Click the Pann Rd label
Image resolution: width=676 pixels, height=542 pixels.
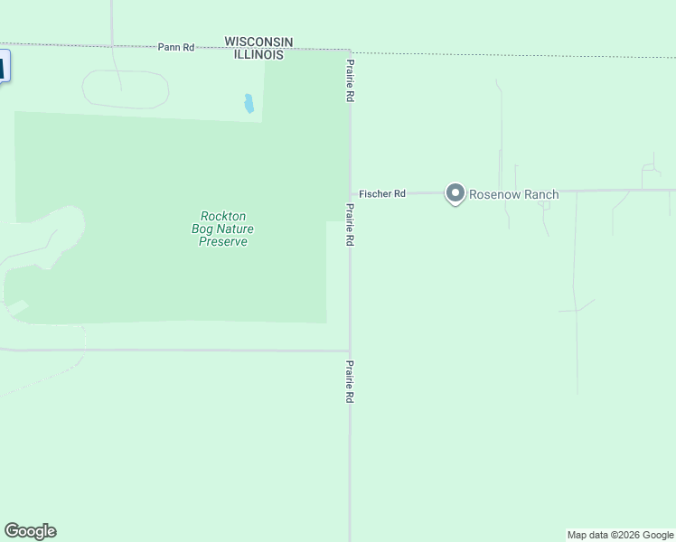[176, 47]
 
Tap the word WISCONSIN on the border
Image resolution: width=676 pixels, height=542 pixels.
[258, 42]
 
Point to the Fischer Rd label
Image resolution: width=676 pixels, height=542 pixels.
[382, 193]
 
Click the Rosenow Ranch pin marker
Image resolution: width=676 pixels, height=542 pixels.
[455, 193]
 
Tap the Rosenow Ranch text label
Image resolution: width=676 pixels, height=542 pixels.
[513, 194]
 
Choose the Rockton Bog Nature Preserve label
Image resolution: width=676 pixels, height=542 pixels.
[223, 229]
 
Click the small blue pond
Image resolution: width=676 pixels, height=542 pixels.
[248, 104]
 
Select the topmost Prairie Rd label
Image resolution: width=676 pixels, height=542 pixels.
[350, 80]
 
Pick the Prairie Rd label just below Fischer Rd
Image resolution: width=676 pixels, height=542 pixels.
[350, 225]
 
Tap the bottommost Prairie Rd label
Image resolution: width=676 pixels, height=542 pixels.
[350, 382]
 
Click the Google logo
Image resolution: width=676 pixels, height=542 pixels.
[30, 531]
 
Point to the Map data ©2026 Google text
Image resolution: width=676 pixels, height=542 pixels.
[621, 535]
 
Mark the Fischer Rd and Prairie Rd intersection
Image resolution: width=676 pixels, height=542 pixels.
[351, 192]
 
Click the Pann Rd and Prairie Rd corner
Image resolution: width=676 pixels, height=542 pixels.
[350, 51]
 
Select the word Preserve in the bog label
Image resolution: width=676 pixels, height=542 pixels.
[223, 241]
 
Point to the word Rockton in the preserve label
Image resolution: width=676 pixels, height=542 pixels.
[223, 216]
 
